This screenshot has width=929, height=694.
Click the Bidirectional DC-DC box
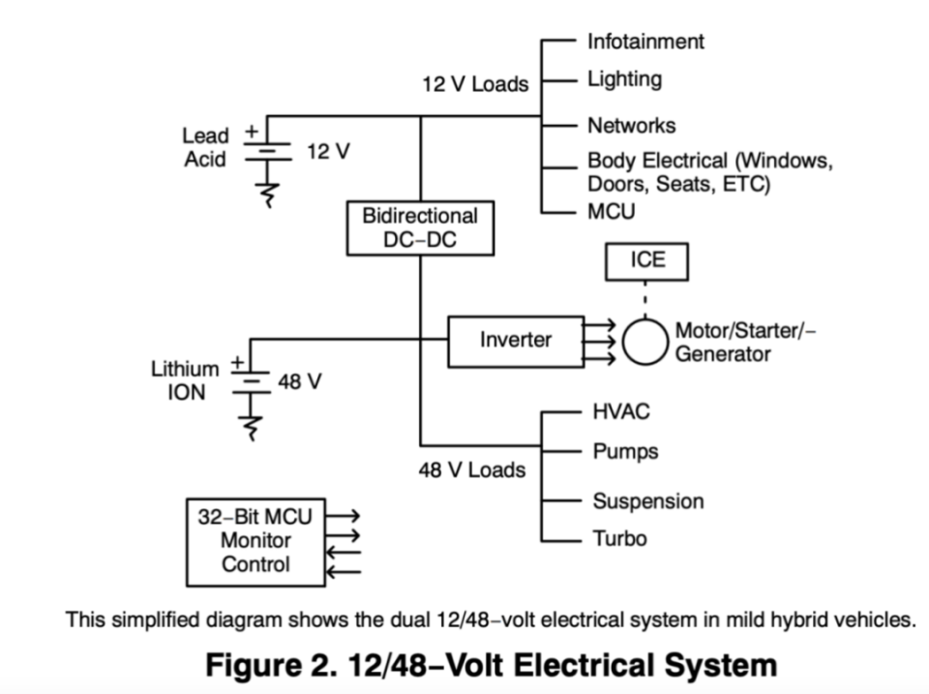point(419,228)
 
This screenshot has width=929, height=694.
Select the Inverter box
point(515,341)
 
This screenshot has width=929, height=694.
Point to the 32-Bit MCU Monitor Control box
point(256,542)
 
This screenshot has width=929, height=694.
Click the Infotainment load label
point(645,42)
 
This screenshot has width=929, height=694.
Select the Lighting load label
point(624,79)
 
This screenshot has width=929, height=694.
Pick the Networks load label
point(631,126)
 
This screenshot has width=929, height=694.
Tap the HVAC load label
point(621,411)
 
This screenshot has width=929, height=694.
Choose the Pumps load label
point(625,452)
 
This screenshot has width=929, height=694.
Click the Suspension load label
point(647,501)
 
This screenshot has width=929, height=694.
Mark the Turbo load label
point(619,538)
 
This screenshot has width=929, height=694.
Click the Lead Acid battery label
point(206,147)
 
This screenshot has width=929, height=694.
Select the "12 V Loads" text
point(475,84)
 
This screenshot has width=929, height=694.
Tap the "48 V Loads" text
point(472,471)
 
